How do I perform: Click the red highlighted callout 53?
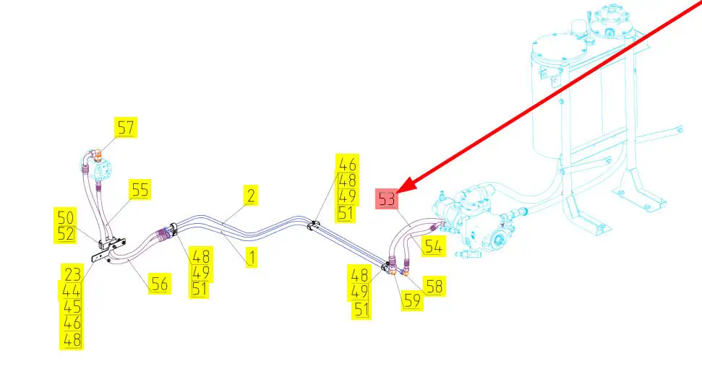click(x=388, y=199)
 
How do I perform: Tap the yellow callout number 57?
click(x=126, y=129)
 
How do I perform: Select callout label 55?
click(x=140, y=189)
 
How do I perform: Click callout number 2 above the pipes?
click(x=251, y=195)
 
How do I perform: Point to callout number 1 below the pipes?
click(x=251, y=256)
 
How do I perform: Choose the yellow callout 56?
click(x=159, y=283)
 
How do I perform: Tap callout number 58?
click(x=435, y=287)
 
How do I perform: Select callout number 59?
click(x=413, y=300)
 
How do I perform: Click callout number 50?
click(x=66, y=217)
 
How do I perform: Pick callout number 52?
click(x=66, y=233)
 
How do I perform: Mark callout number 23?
click(x=72, y=274)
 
